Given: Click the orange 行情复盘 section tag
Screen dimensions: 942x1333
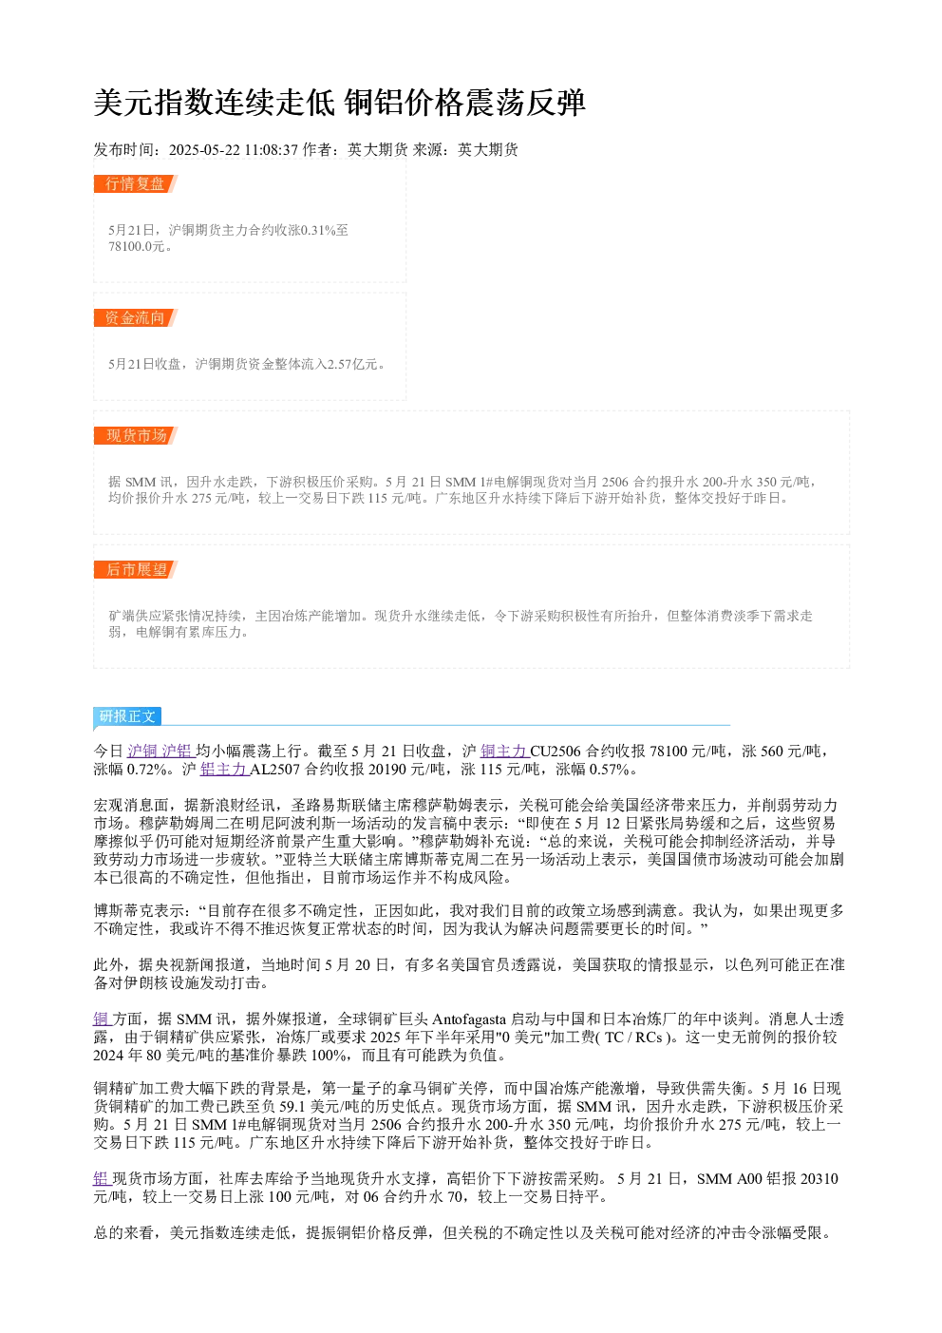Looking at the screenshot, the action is click(136, 184).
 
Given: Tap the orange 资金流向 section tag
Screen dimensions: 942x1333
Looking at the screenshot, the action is click(136, 317).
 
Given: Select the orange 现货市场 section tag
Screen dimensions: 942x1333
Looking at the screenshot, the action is click(136, 435).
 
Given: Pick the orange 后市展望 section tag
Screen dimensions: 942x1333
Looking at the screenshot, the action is click(136, 569).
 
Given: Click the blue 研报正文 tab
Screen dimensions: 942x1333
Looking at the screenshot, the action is click(127, 715).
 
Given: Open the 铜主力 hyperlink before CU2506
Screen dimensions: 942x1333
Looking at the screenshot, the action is click(504, 751).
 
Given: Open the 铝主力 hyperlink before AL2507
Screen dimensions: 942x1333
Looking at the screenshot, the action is click(224, 770).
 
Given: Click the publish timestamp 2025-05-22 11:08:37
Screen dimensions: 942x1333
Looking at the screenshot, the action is click(233, 149).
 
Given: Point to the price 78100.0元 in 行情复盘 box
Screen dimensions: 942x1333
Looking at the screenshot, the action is click(136, 246).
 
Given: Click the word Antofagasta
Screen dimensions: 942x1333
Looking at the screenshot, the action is click(469, 1019).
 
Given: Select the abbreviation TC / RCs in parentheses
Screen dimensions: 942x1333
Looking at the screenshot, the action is click(633, 1038).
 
